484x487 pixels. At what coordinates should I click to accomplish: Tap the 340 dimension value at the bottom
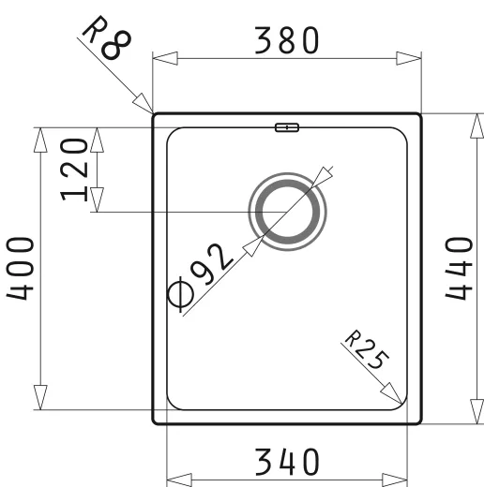288,462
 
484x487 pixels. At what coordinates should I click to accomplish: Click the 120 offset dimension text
77,169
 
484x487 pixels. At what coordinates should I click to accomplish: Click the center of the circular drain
288,212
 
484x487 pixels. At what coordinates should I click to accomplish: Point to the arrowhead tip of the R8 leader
152,111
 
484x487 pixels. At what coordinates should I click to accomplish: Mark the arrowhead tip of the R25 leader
404,400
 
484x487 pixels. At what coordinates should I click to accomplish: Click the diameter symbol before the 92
183,297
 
